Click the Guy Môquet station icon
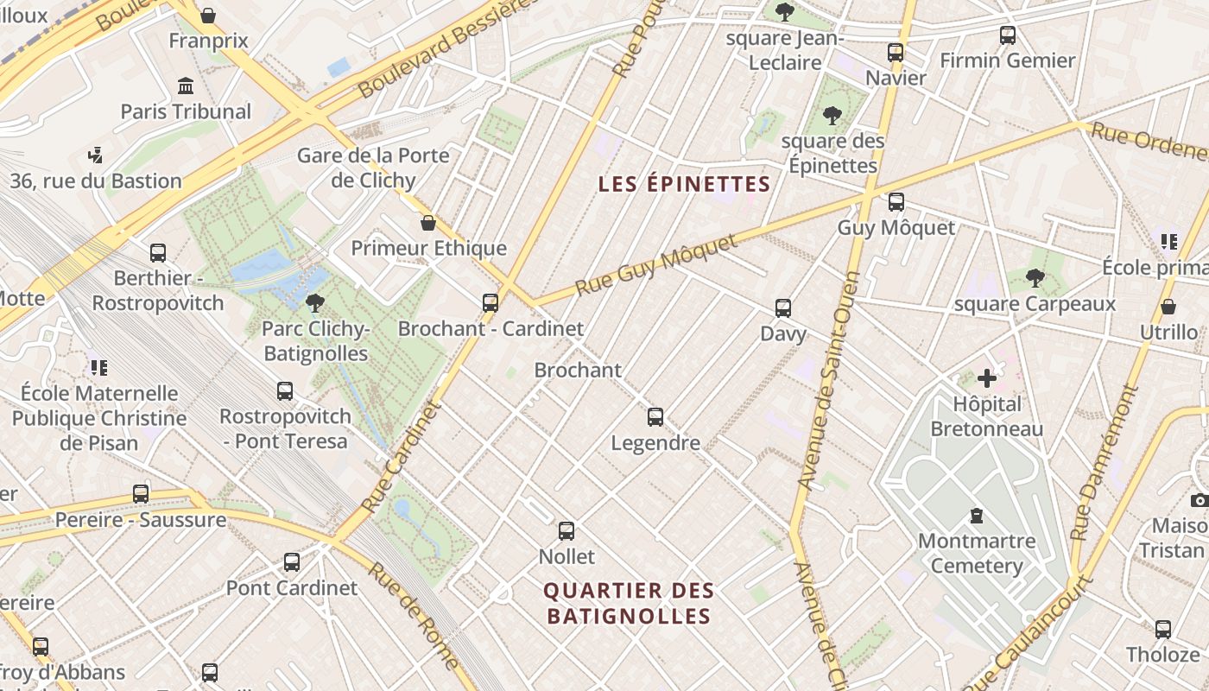click(x=896, y=202)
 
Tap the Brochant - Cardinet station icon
click(x=491, y=302)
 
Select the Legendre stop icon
click(x=655, y=417)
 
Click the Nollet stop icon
click(x=567, y=531)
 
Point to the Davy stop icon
click(x=783, y=308)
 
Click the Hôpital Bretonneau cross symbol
click(x=987, y=378)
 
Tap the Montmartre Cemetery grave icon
click(x=977, y=516)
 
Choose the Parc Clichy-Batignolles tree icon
click(x=315, y=302)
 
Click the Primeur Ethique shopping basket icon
click(x=428, y=223)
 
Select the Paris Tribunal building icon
click(x=186, y=86)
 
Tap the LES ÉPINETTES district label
click(x=684, y=184)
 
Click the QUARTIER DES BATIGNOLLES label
click(x=629, y=603)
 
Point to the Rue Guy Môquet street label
click(x=656, y=264)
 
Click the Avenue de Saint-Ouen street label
click(x=828, y=380)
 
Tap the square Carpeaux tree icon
click(x=1035, y=278)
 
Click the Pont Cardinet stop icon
click(x=292, y=562)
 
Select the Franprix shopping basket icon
click(x=208, y=15)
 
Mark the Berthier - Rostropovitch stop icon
click(x=158, y=252)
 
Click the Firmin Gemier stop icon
click(x=1008, y=35)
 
